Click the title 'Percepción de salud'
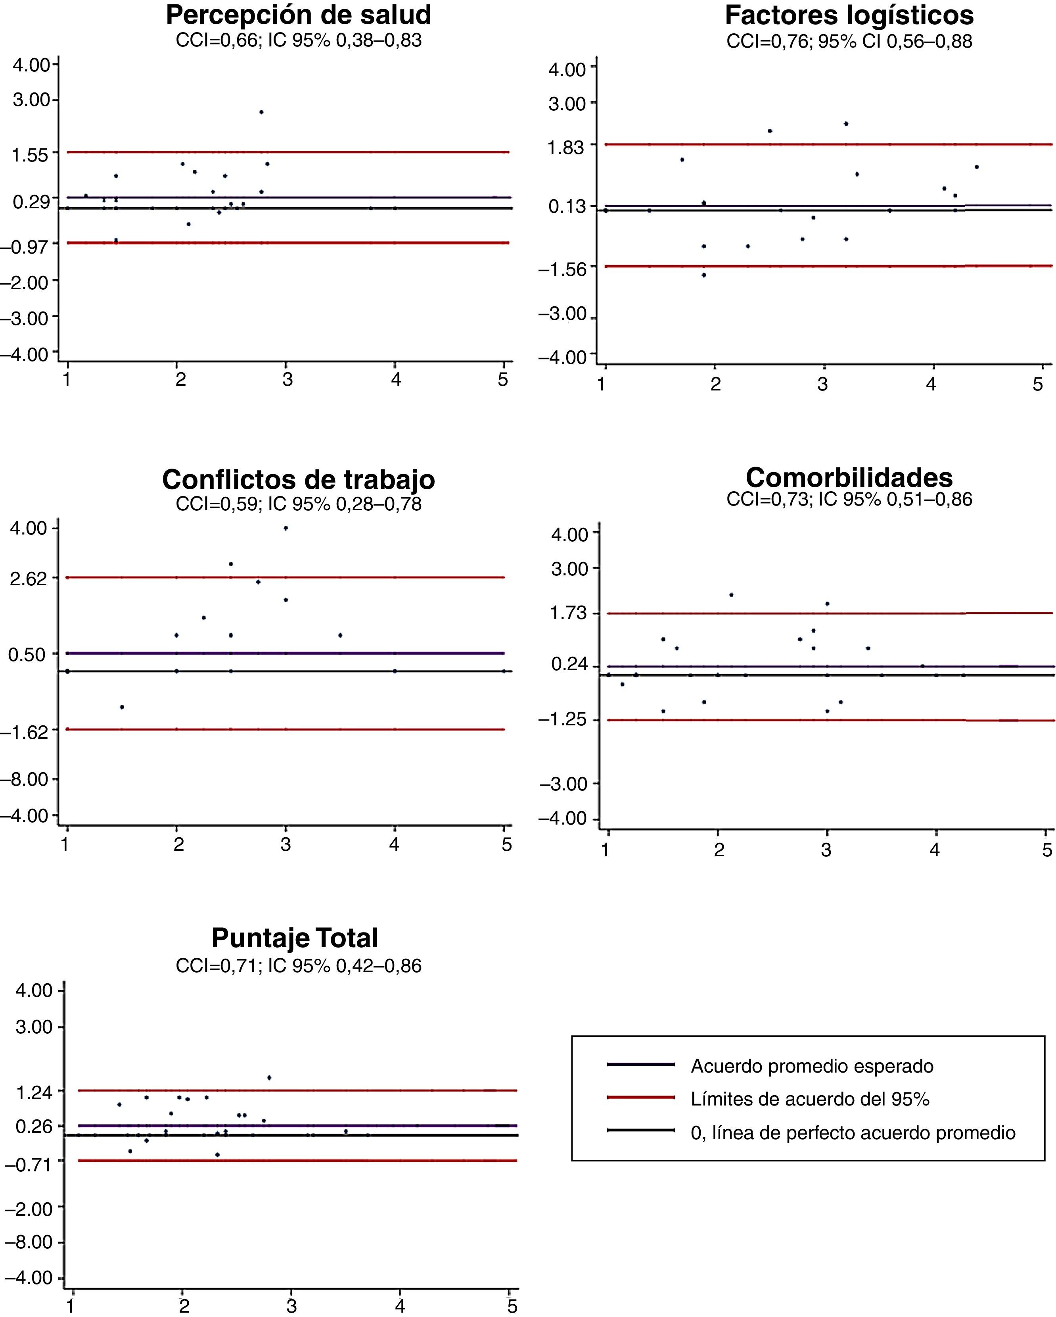299,15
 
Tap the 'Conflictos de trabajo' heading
299,479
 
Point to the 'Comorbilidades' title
849,477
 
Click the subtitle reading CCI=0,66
299,41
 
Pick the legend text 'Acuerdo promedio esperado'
812,1066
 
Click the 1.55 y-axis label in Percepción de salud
31,154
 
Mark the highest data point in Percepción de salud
261,112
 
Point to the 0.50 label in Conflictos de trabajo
27,655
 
